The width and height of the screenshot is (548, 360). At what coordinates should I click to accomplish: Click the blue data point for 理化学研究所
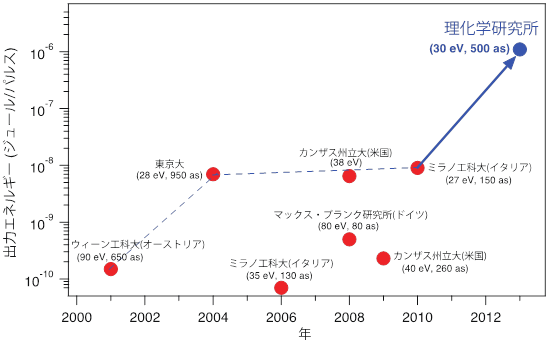click(520, 49)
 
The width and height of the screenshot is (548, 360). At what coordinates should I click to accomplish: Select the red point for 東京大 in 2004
click(213, 173)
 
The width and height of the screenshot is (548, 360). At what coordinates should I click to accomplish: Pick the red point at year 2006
click(281, 288)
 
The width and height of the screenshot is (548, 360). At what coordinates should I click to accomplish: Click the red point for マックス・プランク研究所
click(349, 239)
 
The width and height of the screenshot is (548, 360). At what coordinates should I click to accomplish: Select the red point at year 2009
click(383, 258)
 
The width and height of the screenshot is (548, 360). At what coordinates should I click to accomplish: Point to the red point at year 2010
click(417, 167)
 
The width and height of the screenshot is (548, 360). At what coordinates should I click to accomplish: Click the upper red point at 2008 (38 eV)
click(349, 176)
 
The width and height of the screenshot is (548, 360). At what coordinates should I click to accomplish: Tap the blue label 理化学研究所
click(484, 29)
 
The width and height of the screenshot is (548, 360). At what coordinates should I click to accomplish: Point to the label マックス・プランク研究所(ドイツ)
click(345, 214)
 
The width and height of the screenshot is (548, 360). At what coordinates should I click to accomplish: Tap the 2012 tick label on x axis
click(486, 317)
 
